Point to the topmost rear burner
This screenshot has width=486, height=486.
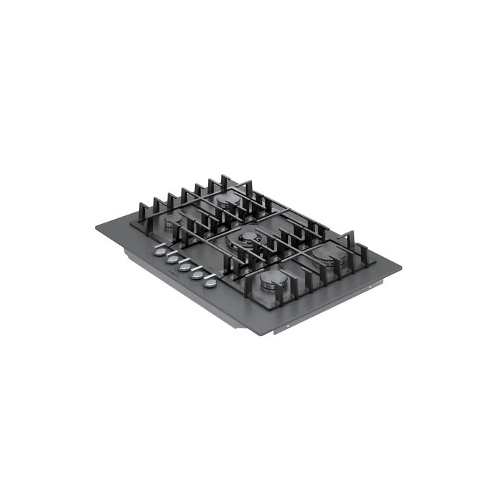(230, 202)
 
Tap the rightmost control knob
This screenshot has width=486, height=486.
(210, 282)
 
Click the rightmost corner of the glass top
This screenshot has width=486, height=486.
(400, 267)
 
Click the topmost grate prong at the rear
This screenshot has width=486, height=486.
(224, 179)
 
